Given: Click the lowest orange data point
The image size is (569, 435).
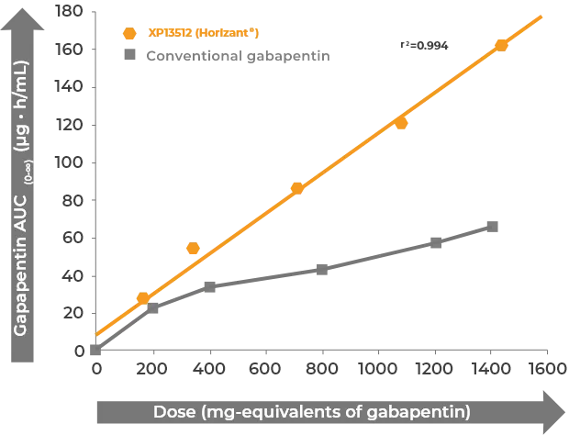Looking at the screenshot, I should (x=142, y=297).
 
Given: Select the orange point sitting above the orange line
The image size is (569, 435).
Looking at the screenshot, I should (x=192, y=249).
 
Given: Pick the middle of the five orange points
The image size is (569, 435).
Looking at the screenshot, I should (x=296, y=188).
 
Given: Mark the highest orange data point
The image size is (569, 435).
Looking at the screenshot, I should (x=502, y=44).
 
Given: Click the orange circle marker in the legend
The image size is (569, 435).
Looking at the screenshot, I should (x=129, y=34).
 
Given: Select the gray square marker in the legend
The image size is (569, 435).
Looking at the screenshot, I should (x=129, y=56).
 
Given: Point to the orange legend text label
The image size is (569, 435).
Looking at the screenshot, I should (x=196, y=34).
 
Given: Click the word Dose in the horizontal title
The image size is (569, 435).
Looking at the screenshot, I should (x=173, y=409).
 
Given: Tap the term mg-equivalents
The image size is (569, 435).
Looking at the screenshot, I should (x=277, y=409).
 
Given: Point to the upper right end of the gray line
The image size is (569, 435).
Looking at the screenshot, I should (x=496, y=224).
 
